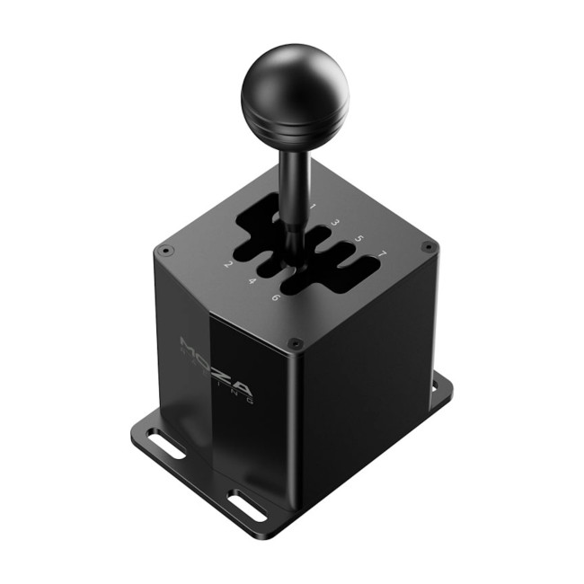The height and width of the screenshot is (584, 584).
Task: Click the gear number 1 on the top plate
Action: click(x=313, y=208)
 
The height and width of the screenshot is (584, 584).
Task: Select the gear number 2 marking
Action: click(x=229, y=264)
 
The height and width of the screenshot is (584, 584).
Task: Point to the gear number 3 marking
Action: click(x=335, y=223)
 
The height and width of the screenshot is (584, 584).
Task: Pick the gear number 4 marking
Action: click(x=252, y=280)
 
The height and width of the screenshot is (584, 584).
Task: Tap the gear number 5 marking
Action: click(x=358, y=239)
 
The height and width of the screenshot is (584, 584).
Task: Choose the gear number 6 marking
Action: click(x=276, y=297)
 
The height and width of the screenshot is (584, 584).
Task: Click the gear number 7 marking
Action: click(x=382, y=255)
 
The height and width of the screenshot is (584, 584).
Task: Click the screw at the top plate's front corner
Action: click(x=294, y=342)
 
